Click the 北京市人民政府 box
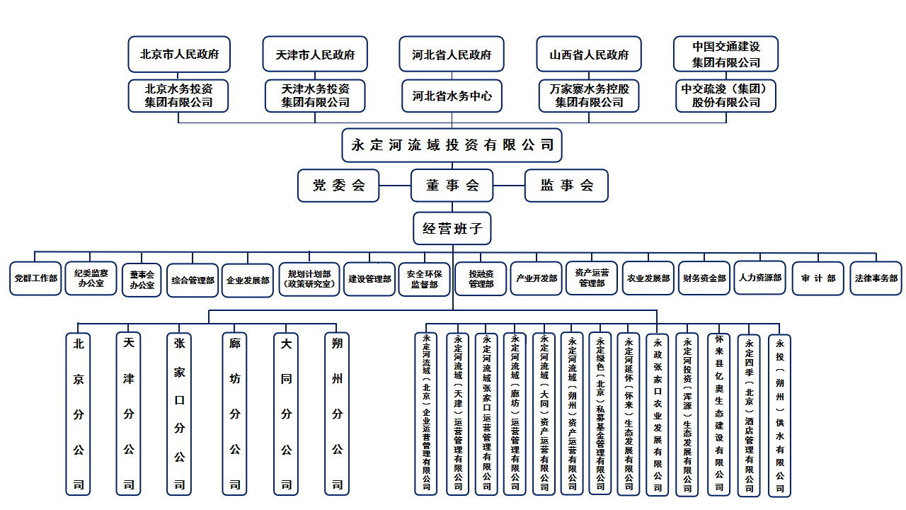pyautogui.click(x=179, y=55)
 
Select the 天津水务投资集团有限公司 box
pyautogui.click(x=315, y=96)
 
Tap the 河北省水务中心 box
pyautogui.click(x=452, y=96)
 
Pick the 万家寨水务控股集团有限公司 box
pyautogui.click(x=588, y=96)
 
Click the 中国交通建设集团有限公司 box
pyautogui.click(x=726, y=55)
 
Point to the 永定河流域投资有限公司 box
pyautogui.click(x=452, y=145)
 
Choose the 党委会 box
pyautogui.click(x=338, y=186)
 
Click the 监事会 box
pyautogui.click(x=566, y=186)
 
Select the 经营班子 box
pyautogui.click(x=452, y=229)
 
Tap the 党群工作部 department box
pyautogui.click(x=35, y=278)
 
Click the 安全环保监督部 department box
pyautogui.click(x=424, y=278)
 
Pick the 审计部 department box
pyautogui.click(x=818, y=278)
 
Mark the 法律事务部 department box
pyautogui.click(x=876, y=278)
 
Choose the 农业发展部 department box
pyautogui.click(x=648, y=278)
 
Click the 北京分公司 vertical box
pyautogui.click(x=78, y=414)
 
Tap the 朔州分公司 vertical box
pyautogui.click(x=338, y=414)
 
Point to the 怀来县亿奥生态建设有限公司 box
pyautogui.click(x=719, y=415)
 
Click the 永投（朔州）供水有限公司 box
pyautogui.click(x=779, y=415)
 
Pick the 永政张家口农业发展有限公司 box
pyautogui.click(x=658, y=415)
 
